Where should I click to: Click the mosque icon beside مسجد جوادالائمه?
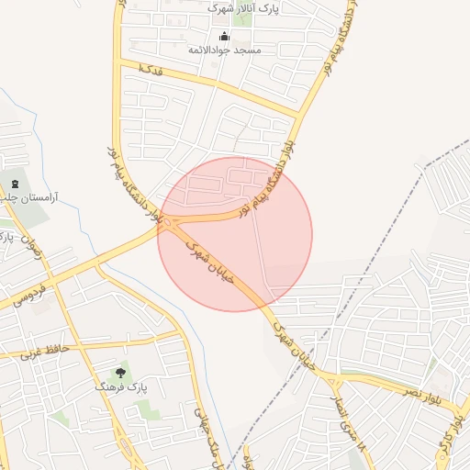pos(225,38)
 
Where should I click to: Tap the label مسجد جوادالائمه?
pos(225,50)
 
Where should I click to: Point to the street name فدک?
pos(149,70)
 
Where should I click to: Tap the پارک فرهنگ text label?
pos(119,387)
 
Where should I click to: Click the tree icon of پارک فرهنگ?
pos(120,373)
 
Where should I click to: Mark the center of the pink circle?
pos(235,234)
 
